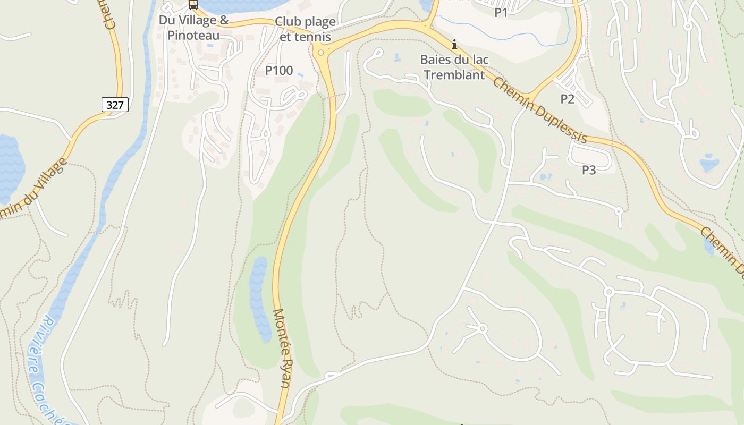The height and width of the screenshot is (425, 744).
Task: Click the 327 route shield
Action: click(x=115, y=105)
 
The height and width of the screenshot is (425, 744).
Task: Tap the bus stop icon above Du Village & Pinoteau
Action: click(x=193, y=5)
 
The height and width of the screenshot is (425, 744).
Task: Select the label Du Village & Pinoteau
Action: click(x=194, y=28)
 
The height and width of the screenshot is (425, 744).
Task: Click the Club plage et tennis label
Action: click(x=305, y=29)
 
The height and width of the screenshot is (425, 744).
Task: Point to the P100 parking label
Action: click(x=279, y=70)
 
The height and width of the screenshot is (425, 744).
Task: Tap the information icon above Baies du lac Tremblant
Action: click(x=454, y=44)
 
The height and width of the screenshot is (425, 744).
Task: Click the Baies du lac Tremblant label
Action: click(x=454, y=67)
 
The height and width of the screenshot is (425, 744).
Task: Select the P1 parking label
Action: click(x=501, y=13)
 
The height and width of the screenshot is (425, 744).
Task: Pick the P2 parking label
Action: click(x=568, y=99)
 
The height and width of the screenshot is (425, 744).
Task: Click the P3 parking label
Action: click(x=589, y=170)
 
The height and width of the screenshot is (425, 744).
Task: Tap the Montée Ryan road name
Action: click(x=282, y=348)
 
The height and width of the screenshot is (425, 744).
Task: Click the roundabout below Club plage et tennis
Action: click(x=320, y=52)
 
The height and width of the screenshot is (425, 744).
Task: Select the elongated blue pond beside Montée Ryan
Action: click(x=260, y=297)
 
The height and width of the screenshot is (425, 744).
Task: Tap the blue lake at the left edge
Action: click(x=10, y=167)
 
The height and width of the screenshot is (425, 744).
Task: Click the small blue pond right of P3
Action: click(x=709, y=163)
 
